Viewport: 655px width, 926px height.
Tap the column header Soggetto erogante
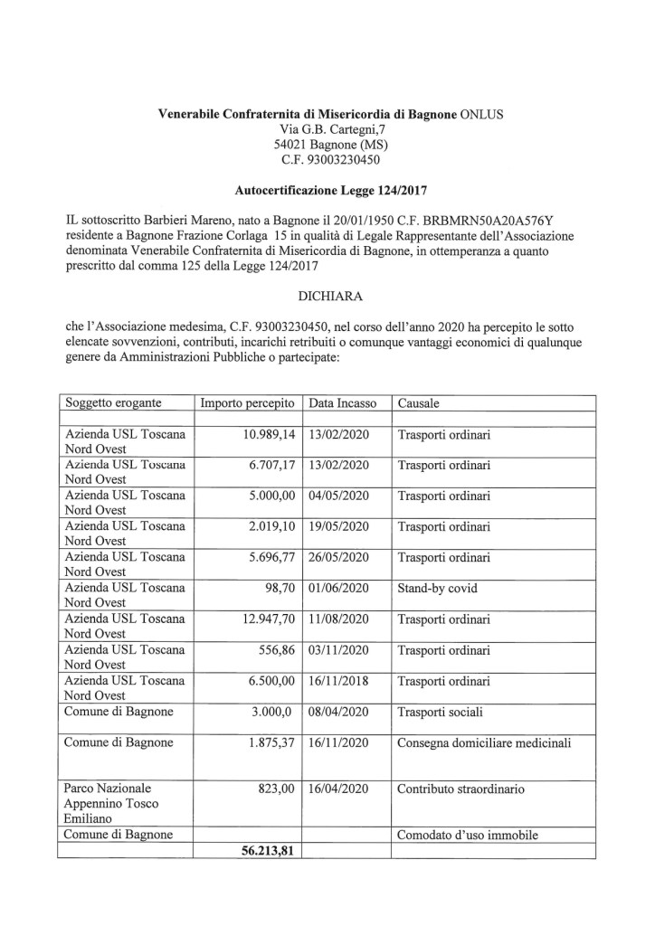click(113, 403)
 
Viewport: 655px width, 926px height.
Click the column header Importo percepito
click(247, 403)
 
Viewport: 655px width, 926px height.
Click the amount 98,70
click(276, 588)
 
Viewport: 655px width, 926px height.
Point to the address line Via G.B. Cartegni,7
click(327, 130)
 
